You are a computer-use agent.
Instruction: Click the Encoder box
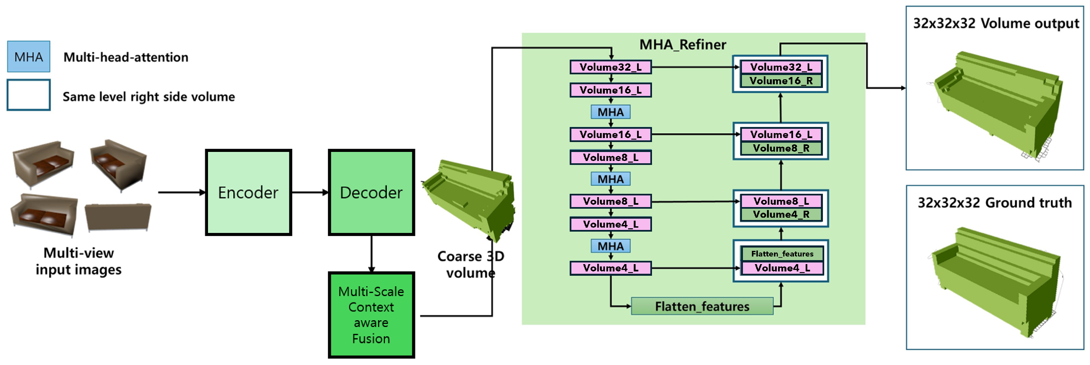point(249,192)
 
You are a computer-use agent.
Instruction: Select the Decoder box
point(371,192)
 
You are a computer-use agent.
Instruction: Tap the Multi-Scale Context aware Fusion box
point(371,315)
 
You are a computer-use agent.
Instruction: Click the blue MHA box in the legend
point(28,57)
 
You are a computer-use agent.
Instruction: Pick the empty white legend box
point(28,95)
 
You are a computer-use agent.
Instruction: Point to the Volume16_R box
point(781,81)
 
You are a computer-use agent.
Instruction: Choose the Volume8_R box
point(781,148)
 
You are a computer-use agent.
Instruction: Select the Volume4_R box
point(781,214)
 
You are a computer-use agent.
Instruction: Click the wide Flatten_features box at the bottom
point(702,306)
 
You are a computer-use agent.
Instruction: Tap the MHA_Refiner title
point(683,44)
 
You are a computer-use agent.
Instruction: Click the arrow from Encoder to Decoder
point(310,192)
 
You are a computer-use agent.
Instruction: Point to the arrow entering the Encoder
point(182,192)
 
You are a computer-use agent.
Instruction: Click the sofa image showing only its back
point(118,217)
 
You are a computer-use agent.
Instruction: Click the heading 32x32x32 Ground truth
point(994,203)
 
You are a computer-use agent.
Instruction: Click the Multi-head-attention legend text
point(126,57)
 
